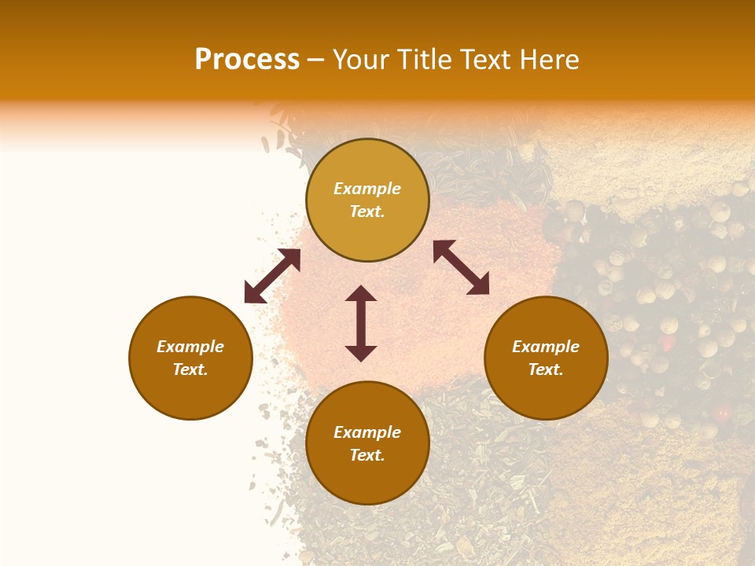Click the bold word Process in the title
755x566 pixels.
click(247, 60)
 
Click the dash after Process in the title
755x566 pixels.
click(316, 61)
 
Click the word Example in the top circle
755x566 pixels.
click(367, 189)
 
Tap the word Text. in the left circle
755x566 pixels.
click(190, 369)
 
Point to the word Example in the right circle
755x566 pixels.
click(546, 347)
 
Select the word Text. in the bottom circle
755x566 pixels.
click(367, 455)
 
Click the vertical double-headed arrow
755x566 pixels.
click(361, 323)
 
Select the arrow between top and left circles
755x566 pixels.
click(272, 276)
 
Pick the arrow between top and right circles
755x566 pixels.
click(461, 267)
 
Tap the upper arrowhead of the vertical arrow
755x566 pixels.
click(361, 294)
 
